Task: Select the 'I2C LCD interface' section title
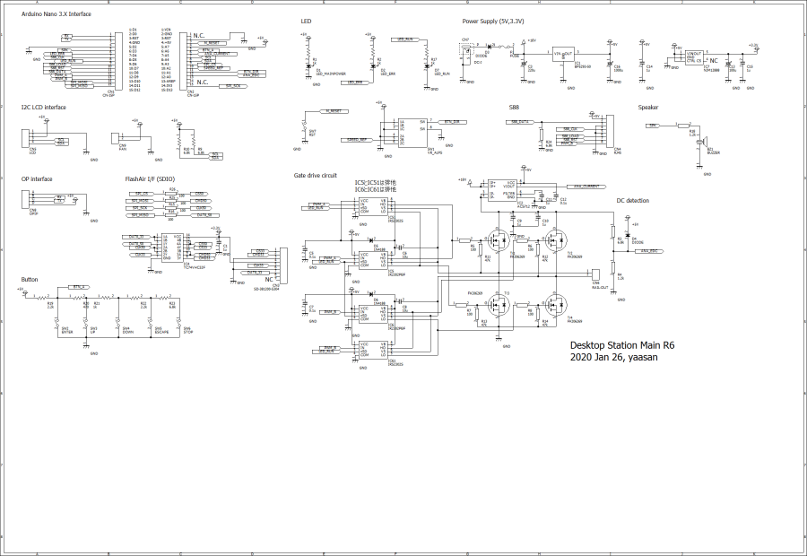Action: click(44, 108)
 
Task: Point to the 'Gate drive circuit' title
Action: click(316, 175)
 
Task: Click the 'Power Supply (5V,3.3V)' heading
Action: click(493, 20)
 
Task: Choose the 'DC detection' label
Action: click(632, 201)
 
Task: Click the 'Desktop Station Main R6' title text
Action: click(622, 344)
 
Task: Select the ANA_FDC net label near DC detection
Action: click(648, 250)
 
